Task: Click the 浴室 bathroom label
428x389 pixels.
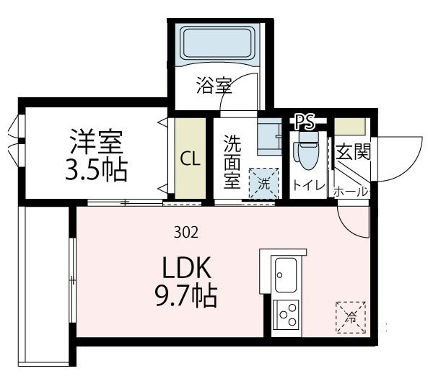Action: (213, 86)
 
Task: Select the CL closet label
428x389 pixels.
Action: (190, 158)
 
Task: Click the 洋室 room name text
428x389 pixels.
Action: (97, 139)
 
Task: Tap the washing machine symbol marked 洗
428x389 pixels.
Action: (263, 183)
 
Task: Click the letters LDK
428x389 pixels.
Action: (185, 269)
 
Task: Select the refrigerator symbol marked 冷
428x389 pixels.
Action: (351, 316)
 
